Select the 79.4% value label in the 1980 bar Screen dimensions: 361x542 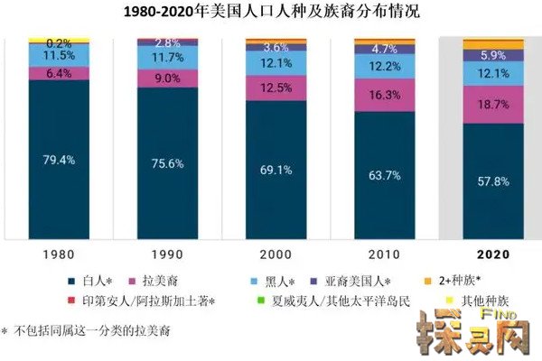(x=59, y=160)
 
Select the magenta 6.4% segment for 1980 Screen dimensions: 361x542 (x=59, y=73)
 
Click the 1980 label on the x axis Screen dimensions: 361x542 (x=59, y=255)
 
